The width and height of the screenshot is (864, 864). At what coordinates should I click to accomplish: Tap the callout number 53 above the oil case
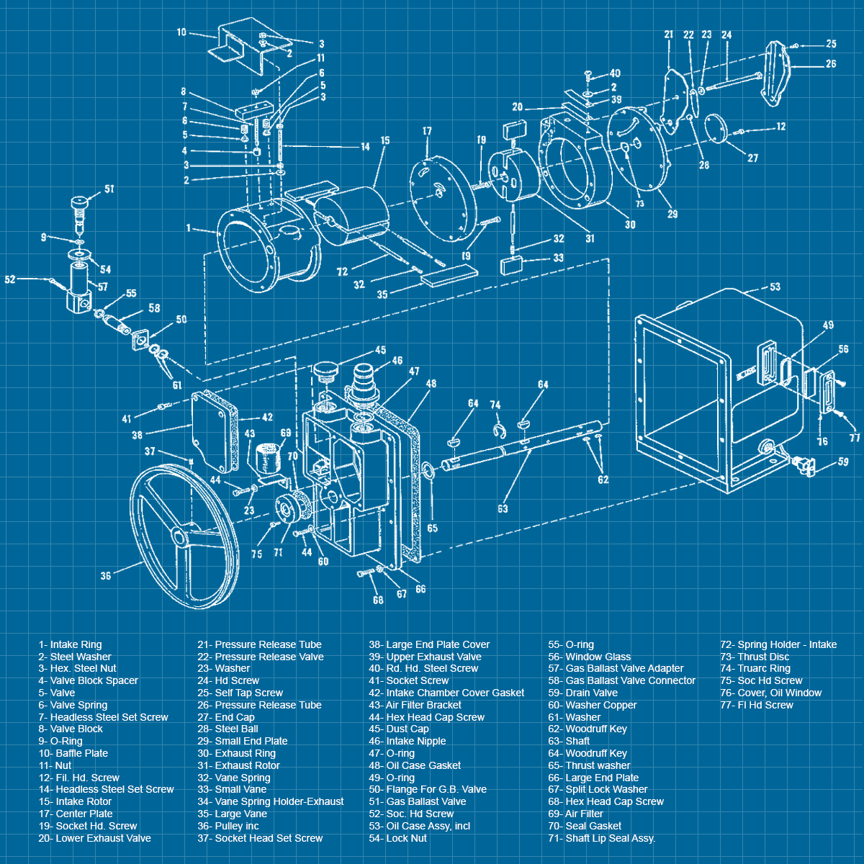(775, 287)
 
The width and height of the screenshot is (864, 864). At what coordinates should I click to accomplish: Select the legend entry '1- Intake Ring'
(71, 644)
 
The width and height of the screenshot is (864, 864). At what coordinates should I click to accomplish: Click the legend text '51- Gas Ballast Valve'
(417, 801)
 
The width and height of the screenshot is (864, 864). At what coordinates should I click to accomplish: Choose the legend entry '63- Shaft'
(568, 741)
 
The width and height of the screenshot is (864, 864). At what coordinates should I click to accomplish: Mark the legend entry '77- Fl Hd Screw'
(756, 705)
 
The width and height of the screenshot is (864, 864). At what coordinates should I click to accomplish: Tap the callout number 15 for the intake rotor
(385, 141)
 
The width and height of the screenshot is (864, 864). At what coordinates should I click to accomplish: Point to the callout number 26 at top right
(831, 64)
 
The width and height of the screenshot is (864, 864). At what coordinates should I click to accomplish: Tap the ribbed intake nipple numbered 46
(361, 380)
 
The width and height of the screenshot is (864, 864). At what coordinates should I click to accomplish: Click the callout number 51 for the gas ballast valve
(109, 189)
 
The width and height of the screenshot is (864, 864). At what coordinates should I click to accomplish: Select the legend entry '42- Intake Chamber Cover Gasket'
(446, 693)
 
